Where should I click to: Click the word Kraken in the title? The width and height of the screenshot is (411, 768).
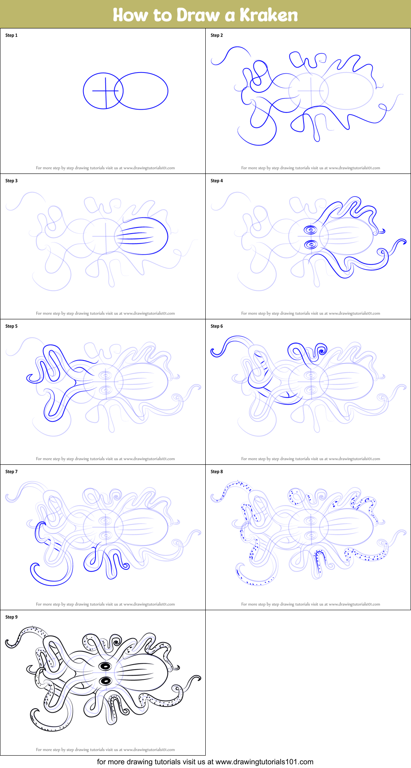point(269,15)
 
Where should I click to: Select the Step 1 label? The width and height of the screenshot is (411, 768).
point(12,35)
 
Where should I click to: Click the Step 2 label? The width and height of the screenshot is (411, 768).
point(217,35)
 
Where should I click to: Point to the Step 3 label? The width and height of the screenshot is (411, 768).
point(12,181)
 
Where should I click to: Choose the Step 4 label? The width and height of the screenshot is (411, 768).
point(217,181)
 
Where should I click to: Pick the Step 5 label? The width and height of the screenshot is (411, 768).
point(12,326)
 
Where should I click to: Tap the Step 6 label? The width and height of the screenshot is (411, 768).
point(217,326)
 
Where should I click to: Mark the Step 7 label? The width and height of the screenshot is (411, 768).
point(12,472)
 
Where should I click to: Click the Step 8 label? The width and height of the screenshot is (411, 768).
point(217,472)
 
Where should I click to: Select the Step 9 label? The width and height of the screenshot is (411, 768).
point(12,617)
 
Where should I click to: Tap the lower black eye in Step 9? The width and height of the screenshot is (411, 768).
point(106,681)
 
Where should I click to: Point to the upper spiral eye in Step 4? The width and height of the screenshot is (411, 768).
point(311,230)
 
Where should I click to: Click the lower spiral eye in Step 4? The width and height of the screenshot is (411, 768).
point(311,245)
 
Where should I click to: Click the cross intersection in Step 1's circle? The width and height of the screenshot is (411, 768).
point(105,91)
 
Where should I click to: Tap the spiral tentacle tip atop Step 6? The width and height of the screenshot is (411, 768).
point(322,351)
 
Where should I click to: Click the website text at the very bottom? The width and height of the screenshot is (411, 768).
point(205,762)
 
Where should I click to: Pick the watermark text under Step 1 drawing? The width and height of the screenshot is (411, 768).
point(105,168)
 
